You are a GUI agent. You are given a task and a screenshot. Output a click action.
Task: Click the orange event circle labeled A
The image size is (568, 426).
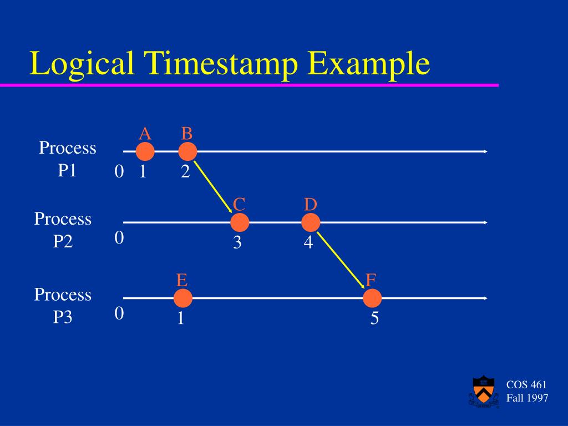coord(145,151)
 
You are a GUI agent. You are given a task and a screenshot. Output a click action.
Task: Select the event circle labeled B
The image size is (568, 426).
coord(187,151)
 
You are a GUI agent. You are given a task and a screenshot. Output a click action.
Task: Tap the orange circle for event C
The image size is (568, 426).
coord(240,222)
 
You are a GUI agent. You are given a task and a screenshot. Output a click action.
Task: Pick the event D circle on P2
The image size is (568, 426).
coord(311,222)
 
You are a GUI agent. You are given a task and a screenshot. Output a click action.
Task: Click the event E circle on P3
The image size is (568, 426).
coord(182,298)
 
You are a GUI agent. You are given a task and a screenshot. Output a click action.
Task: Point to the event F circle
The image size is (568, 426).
coord(372,298)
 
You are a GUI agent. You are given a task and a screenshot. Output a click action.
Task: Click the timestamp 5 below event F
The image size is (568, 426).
coord(374,319)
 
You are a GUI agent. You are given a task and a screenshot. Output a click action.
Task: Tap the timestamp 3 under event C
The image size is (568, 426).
coord(237,243)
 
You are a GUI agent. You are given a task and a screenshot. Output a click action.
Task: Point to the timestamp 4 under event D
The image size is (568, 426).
coord(308,243)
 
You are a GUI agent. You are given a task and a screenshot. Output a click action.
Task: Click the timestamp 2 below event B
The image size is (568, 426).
coord(185,173)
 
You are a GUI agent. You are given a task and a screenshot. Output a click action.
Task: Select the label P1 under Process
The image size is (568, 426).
coord(67,170)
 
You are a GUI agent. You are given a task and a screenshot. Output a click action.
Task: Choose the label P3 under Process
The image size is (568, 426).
coord(63,317)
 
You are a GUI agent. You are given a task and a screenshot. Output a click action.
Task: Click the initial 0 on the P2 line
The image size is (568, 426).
coord(119,238)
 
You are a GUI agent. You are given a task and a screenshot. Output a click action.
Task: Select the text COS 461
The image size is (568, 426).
coord(526,385)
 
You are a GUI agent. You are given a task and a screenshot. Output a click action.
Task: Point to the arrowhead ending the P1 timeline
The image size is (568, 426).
coord(485,151)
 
